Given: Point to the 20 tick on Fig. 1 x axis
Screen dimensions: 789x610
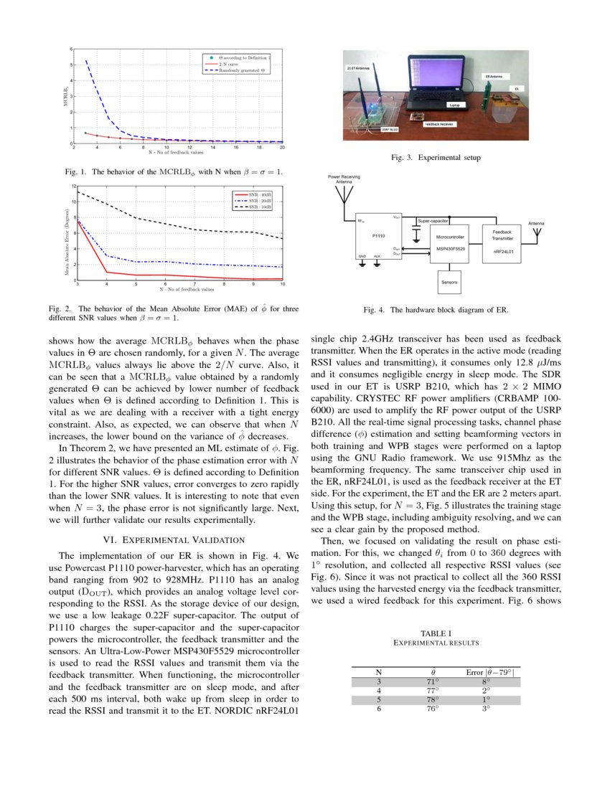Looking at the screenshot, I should point(282,148).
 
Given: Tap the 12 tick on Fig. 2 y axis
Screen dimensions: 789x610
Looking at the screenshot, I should point(73,186).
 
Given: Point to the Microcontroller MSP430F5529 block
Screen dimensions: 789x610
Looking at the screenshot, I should point(449,242).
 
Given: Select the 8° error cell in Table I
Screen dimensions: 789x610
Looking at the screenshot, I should point(486,681).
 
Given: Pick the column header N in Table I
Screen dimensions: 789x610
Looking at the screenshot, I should point(378,672).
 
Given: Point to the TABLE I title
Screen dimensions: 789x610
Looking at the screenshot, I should point(435,633).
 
